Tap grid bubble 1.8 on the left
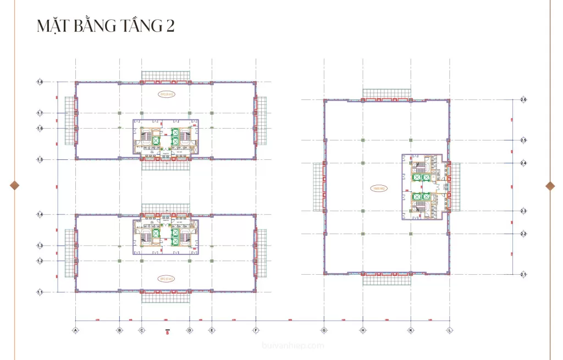[x=40, y=82]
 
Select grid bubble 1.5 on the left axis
[x=40, y=160]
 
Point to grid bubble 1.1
[x=40, y=292]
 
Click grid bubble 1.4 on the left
[x=40, y=214]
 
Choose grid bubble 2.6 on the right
[x=523, y=99]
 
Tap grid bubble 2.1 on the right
[x=523, y=274]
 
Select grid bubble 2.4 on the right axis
[x=523, y=163]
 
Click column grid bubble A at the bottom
[x=75, y=330]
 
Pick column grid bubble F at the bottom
[x=256, y=330]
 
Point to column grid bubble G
[x=324, y=330]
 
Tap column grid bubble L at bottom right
[x=450, y=330]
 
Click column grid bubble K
[x=410, y=330]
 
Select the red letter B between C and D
[x=167, y=331]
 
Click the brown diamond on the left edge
[x=15, y=185]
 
